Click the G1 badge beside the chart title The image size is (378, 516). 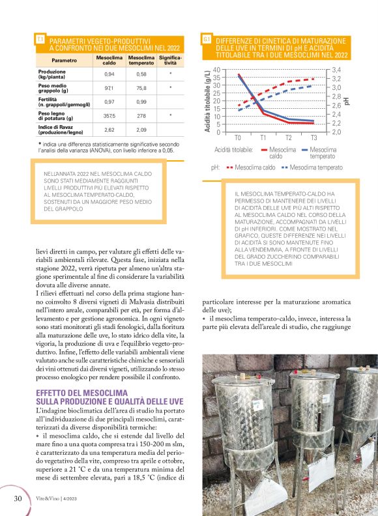point(206,39)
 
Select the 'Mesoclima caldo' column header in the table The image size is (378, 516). point(109,60)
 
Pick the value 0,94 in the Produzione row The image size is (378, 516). point(109,74)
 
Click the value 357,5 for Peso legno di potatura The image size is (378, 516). point(109,115)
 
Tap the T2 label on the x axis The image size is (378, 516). point(288,138)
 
